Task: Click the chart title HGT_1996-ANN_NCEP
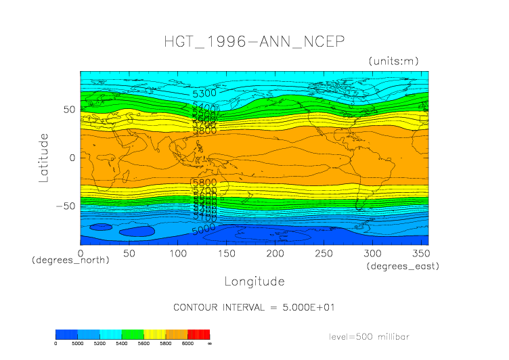coord(254,41)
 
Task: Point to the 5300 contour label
coord(204,93)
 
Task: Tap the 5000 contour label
coord(203,230)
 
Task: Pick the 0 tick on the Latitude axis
coord(72,158)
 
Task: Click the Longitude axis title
coord(254,281)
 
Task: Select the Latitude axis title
coord(45,158)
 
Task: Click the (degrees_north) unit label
coord(70,260)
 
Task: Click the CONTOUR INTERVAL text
coord(254,307)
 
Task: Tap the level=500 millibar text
coord(369,336)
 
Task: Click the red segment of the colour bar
coord(199,334)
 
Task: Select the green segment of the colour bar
coord(133,334)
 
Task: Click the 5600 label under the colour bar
coord(143,343)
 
